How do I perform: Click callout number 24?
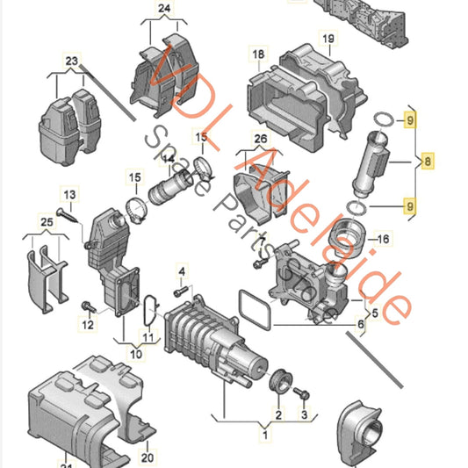(162, 11)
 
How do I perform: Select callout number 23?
(71, 61)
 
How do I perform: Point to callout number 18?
(258, 56)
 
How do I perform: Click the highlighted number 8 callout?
(428, 162)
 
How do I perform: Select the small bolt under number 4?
(181, 290)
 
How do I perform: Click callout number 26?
(260, 139)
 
